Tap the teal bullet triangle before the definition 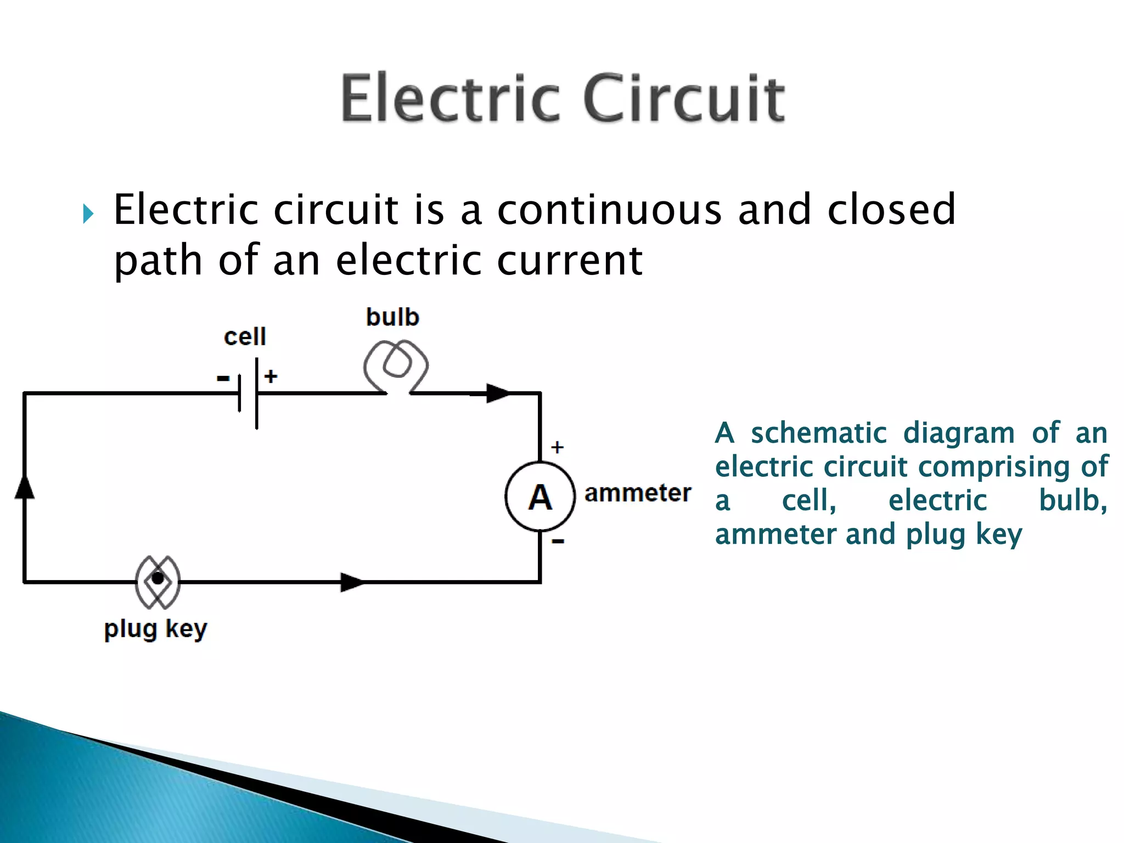point(88,213)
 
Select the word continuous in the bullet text point(609,210)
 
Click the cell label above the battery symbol point(245,336)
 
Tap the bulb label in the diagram point(392,317)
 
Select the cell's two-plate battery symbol point(249,393)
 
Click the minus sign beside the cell point(223,378)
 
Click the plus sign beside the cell point(271,376)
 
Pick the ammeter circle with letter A point(540,497)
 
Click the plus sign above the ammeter point(557,447)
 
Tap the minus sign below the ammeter point(558,542)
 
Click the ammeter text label point(637,493)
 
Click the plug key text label point(156,629)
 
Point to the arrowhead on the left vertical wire point(24,487)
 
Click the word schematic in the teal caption point(818,433)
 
